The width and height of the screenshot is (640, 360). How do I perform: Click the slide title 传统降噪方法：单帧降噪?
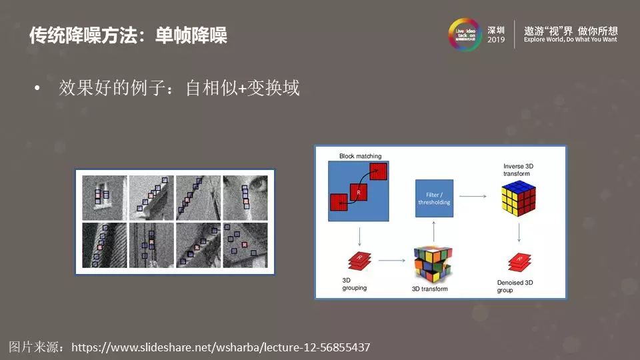click(128, 35)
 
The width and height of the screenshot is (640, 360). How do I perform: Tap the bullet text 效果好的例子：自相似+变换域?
click(179, 89)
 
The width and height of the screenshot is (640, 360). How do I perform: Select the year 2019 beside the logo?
click(497, 40)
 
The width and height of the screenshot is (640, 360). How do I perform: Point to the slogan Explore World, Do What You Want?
click(570, 39)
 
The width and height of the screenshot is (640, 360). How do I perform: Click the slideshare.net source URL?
click(220, 347)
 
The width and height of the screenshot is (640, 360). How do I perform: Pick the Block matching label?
click(360, 156)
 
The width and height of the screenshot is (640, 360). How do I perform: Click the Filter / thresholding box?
click(434, 198)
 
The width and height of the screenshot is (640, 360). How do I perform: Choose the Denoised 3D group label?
click(515, 287)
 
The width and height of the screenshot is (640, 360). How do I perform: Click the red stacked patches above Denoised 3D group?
click(519, 262)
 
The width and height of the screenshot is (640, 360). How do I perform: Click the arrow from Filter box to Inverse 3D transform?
click(472, 196)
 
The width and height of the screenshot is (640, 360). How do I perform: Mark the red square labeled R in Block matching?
click(358, 192)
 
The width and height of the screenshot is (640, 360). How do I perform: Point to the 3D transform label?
click(430, 289)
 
